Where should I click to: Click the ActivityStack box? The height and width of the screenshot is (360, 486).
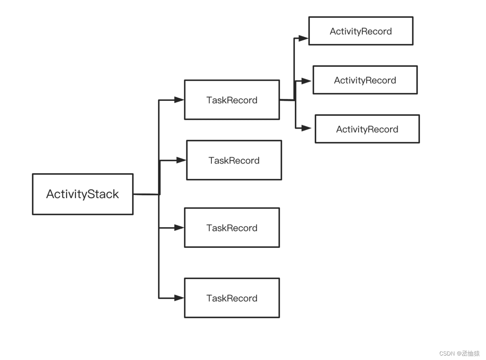tap(83, 194)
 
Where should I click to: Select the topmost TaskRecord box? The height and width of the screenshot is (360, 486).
tap(232, 100)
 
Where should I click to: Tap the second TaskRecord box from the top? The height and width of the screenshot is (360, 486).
tap(234, 160)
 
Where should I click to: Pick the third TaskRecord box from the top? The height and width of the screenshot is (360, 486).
tap(232, 228)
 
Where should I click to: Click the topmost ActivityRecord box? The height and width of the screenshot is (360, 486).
tap(360, 31)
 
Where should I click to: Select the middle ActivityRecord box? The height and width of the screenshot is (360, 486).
tap(365, 80)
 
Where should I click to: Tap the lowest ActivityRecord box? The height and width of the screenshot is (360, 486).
tap(367, 129)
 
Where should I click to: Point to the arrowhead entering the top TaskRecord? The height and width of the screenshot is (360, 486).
tap(179, 100)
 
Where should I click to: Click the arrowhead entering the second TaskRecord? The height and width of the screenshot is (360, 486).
tap(181, 160)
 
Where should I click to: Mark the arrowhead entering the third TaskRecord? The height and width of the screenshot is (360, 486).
tap(179, 228)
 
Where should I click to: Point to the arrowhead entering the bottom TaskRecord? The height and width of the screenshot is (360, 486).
tap(179, 298)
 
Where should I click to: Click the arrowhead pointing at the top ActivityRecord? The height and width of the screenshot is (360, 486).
tap(303, 38)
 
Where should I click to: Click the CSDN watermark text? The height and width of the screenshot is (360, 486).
tap(459, 353)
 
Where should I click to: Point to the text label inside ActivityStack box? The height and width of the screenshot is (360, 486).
tap(83, 194)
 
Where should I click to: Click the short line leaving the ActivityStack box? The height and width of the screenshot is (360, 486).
tap(146, 194)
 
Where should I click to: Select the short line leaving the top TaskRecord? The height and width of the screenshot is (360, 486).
tap(287, 100)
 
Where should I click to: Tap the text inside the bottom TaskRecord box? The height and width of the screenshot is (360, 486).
tap(232, 298)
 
